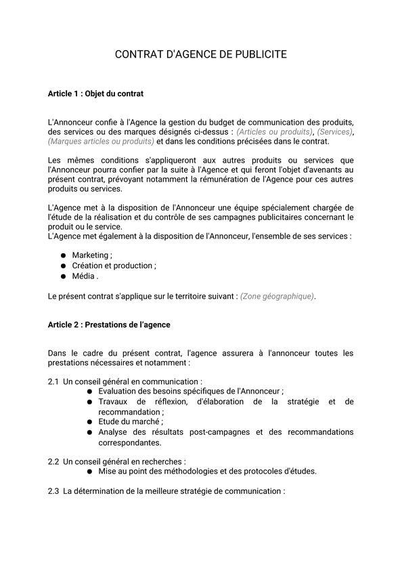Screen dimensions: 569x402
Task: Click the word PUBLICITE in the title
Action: pos(256,54)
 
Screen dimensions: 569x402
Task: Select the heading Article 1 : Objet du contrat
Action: pos(95,93)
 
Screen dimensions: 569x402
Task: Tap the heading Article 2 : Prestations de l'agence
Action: pos(109,324)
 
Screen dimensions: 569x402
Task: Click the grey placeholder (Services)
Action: pos(335,131)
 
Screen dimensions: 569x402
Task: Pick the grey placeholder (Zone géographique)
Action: pos(277,296)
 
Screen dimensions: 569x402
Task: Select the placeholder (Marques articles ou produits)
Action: pos(101,141)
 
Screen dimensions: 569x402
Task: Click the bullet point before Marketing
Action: pos(63,255)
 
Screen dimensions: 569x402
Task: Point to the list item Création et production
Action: pos(113,266)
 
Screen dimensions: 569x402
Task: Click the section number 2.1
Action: pos(53,382)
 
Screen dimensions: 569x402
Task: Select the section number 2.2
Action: pos(53,461)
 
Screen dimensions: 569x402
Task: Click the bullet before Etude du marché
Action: pos(89,421)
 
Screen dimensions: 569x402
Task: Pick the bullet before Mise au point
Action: pos(89,471)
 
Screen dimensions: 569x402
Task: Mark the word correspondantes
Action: pos(129,442)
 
